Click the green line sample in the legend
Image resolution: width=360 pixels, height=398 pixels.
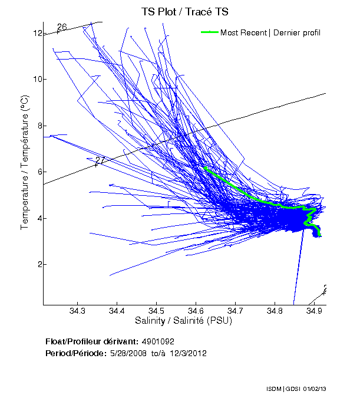tap(210, 32)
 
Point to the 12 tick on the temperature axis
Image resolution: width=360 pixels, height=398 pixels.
tap(37, 33)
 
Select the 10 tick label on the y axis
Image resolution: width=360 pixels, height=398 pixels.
tap(37, 79)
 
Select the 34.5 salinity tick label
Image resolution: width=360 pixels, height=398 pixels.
tap(156, 311)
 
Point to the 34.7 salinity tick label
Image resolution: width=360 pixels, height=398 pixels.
tap(235, 311)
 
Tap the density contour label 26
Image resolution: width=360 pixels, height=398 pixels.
tap(62, 27)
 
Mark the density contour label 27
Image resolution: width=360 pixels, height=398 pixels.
tap(100, 160)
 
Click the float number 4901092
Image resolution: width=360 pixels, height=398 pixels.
tap(157, 342)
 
